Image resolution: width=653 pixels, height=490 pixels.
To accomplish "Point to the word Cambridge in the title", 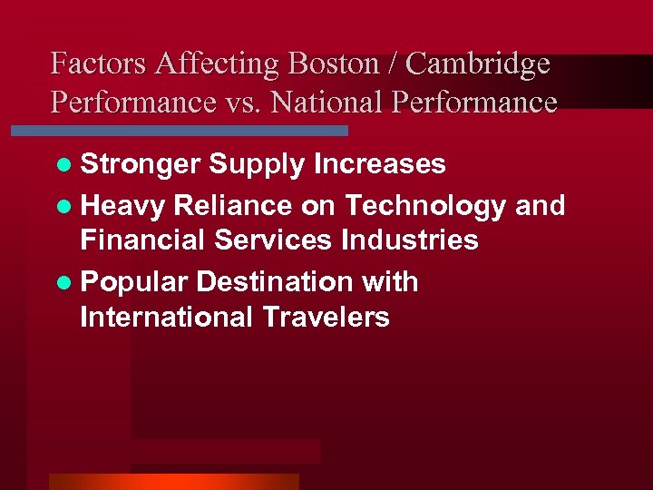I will point(478,64).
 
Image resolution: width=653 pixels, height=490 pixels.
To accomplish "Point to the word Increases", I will point(379,163).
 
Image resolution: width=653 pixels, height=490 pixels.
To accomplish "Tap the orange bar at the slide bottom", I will point(173,482).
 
